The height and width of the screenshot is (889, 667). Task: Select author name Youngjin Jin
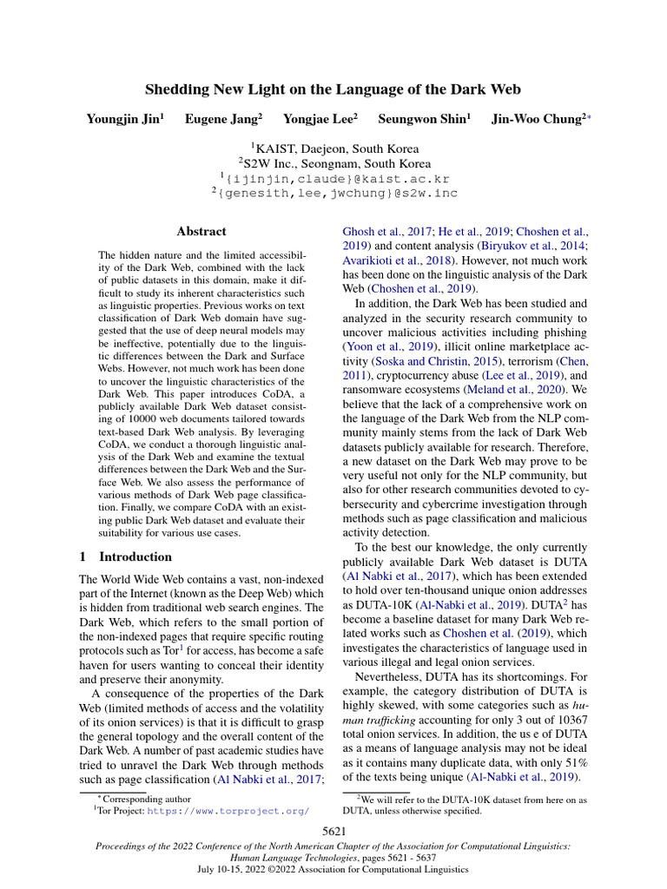click(124, 119)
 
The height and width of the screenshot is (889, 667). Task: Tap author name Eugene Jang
click(221, 119)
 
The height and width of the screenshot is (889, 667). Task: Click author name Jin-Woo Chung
click(535, 119)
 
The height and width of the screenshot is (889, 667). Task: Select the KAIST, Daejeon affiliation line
click(334, 148)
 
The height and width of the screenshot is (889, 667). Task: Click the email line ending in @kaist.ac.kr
click(334, 178)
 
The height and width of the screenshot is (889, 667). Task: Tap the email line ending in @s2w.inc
click(334, 194)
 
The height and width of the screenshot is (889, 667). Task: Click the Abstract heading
click(201, 232)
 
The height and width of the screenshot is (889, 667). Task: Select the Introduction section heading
click(135, 556)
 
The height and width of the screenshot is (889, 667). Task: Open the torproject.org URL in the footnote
click(228, 811)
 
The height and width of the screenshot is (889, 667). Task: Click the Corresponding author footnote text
click(135, 797)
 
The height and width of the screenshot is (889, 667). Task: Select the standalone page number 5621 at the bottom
click(334, 833)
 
